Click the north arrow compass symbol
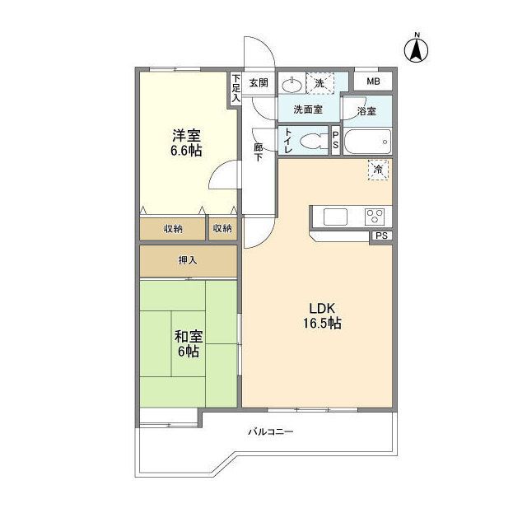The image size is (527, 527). point(417,49)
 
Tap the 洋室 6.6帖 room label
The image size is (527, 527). point(187,142)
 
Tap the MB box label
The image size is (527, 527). point(373,82)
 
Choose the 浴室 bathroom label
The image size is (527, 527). point(366,110)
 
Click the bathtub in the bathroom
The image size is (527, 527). point(366,142)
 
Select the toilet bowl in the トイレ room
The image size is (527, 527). point(310,140)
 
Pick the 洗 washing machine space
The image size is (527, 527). point(319,82)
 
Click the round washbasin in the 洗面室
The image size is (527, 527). point(291,82)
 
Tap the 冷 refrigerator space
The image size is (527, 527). point(378,169)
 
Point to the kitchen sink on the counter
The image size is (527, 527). point(337,217)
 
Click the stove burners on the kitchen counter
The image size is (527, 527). point(375,217)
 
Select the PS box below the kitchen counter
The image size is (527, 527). point(380,236)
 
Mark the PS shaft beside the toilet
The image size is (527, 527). point(335,140)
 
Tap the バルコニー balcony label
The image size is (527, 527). point(271,431)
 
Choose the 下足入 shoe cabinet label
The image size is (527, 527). point(235,88)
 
